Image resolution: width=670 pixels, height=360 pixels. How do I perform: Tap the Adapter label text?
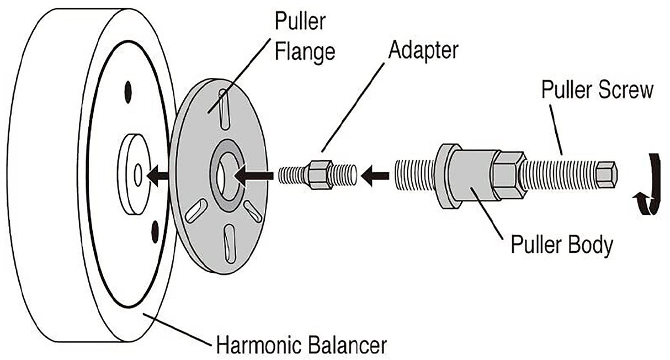tap(423, 51)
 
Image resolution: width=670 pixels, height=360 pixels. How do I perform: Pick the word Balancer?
tap(348, 346)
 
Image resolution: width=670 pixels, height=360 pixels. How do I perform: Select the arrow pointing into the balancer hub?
tap(158, 176)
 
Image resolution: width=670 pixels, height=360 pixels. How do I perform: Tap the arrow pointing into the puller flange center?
tap(255, 176)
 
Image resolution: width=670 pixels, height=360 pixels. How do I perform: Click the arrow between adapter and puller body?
tap(374, 177)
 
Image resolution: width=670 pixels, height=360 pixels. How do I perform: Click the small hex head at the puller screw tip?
tap(606, 174)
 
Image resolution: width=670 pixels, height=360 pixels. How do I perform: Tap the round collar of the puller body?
tap(447, 177)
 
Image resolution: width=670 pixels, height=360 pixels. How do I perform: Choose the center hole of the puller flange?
tap(225, 176)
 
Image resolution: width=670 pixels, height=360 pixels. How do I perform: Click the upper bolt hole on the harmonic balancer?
tap(129, 92)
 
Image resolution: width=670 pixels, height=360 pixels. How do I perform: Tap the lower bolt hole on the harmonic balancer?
tap(155, 231)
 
